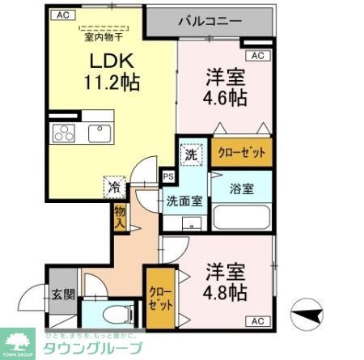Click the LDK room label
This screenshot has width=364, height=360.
[x=101, y=61]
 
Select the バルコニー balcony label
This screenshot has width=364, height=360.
[x=210, y=20]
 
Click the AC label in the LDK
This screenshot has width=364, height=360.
[x=61, y=15]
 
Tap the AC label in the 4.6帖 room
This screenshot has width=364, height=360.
[x=257, y=56]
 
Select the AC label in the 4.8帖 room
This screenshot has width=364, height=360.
[x=257, y=321]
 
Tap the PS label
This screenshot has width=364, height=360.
[x=168, y=176]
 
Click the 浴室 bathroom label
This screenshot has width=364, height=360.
[x=241, y=189]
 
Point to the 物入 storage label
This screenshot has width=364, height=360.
[x=120, y=217]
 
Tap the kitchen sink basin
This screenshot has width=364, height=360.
[x=98, y=132]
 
